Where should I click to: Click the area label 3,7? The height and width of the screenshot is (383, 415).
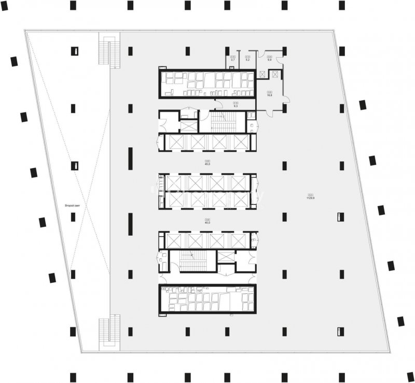[x=233, y=60]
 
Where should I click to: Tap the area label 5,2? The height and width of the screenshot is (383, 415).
[x=248, y=60]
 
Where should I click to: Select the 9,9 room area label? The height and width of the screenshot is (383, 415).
[x=269, y=60]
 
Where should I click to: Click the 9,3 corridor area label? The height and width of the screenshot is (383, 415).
[x=236, y=106]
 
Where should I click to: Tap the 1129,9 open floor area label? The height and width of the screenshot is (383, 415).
[x=311, y=197]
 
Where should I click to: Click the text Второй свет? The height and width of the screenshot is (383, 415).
[x=72, y=206]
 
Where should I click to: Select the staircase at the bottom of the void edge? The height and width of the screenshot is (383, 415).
[x=109, y=332]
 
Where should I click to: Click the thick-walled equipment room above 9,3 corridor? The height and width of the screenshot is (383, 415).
[x=207, y=83]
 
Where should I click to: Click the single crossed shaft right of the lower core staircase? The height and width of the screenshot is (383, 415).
[x=225, y=256]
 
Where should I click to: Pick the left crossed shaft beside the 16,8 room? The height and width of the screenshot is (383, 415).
[x=262, y=75]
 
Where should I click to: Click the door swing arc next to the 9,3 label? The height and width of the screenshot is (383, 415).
[x=219, y=104]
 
